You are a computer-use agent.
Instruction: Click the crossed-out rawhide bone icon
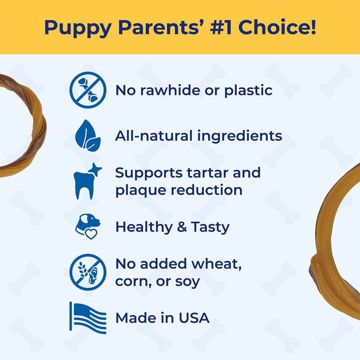tap(88, 90)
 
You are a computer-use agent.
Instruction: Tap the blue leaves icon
tap(88, 135)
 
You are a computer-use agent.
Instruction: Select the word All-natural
tap(154, 136)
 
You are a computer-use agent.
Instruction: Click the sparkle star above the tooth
tap(95, 169)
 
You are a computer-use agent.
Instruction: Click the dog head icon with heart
tap(88, 226)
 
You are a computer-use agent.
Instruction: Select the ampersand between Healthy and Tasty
tap(181, 227)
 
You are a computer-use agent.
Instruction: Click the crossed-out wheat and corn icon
tap(88, 272)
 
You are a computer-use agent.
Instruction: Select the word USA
tap(194, 318)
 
